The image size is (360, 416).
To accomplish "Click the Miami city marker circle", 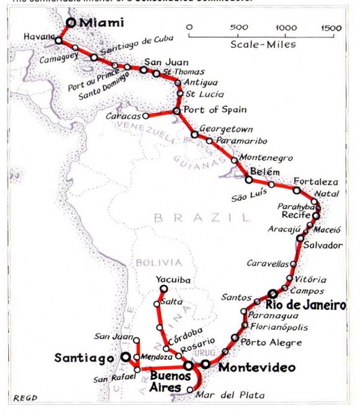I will [71, 23].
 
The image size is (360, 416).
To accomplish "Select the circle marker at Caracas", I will [145, 116].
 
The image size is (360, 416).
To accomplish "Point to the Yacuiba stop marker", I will [164, 288].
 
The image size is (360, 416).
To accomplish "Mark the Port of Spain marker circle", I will [177, 110].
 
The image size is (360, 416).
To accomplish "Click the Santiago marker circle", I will [126, 357].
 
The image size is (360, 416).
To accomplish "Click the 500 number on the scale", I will [240, 27].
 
